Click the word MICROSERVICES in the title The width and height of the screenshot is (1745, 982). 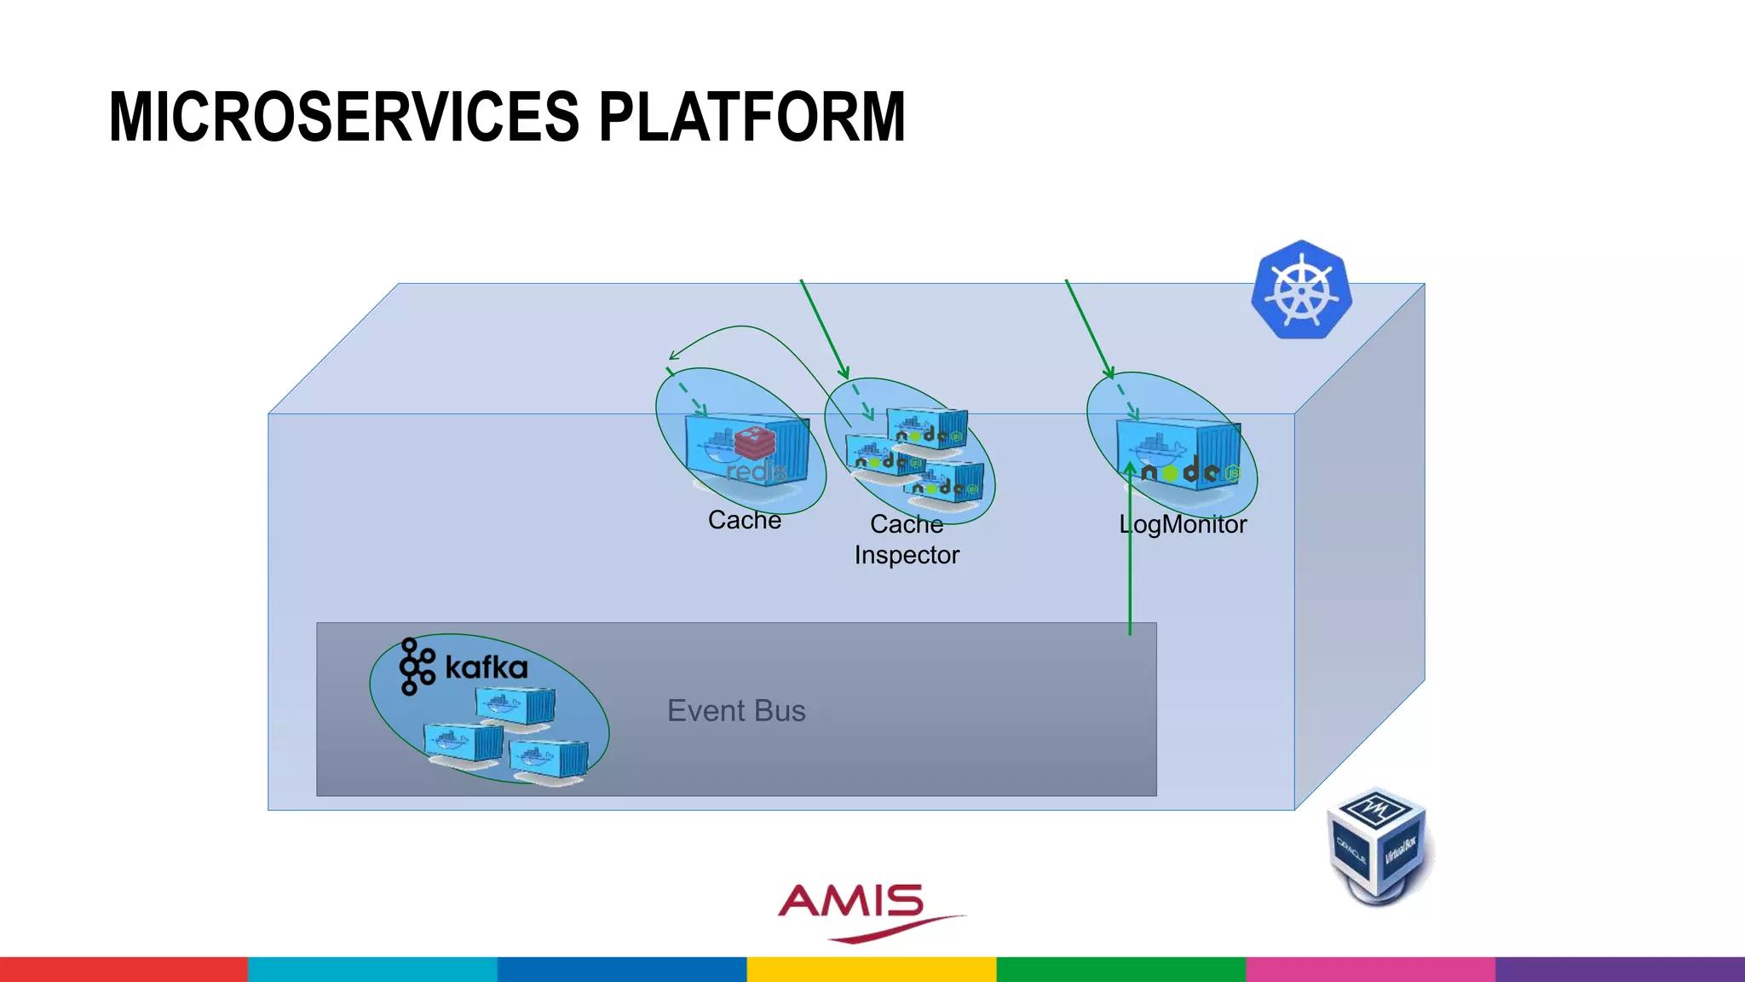click(344, 117)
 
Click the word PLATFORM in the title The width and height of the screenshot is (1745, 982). click(752, 117)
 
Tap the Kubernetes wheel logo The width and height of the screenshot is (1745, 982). click(1301, 290)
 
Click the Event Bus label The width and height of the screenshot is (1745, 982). click(736, 710)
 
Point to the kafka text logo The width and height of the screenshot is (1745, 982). click(486, 667)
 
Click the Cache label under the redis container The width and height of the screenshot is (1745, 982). click(744, 520)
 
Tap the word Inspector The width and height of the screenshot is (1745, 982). click(907, 555)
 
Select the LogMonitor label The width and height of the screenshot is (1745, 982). click(1183, 524)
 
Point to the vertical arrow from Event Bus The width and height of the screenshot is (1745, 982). click(1130, 554)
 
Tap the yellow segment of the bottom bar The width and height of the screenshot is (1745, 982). click(871, 969)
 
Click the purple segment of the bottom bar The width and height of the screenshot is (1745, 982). click(1619, 969)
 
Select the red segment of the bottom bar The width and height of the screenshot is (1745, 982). click(124, 969)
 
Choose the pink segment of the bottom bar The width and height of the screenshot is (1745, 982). click(1370, 969)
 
